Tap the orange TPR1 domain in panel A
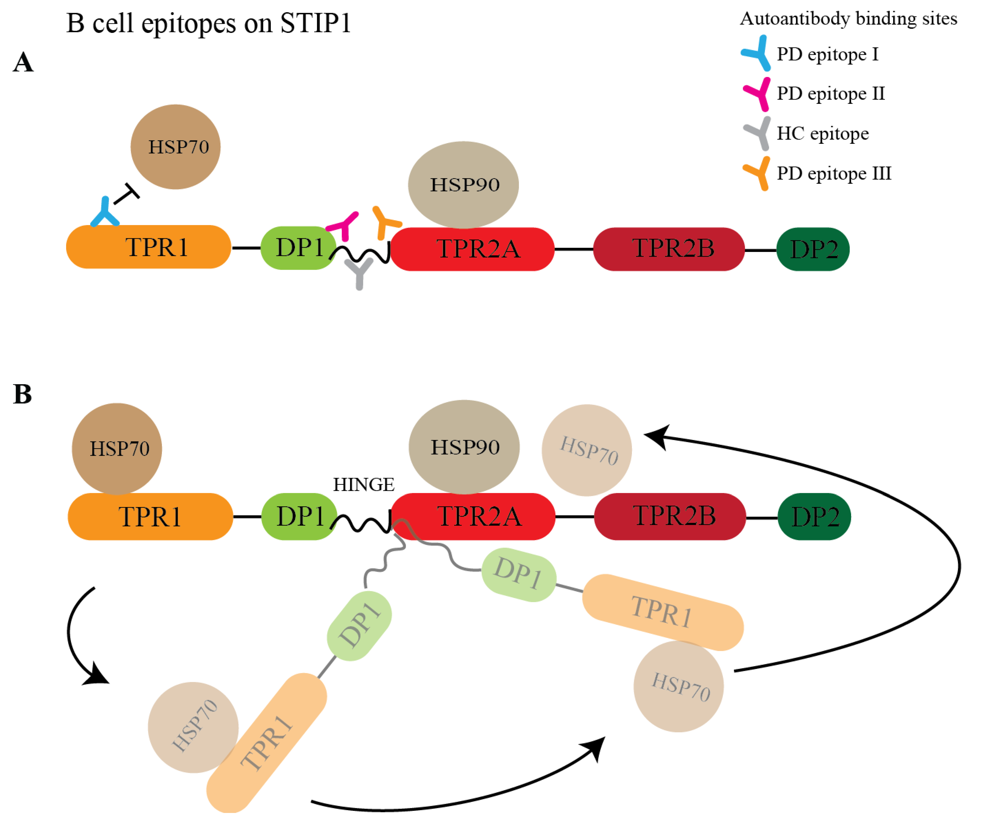[148, 247]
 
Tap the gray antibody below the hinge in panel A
[359, 273]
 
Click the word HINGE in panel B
[363, 484]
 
